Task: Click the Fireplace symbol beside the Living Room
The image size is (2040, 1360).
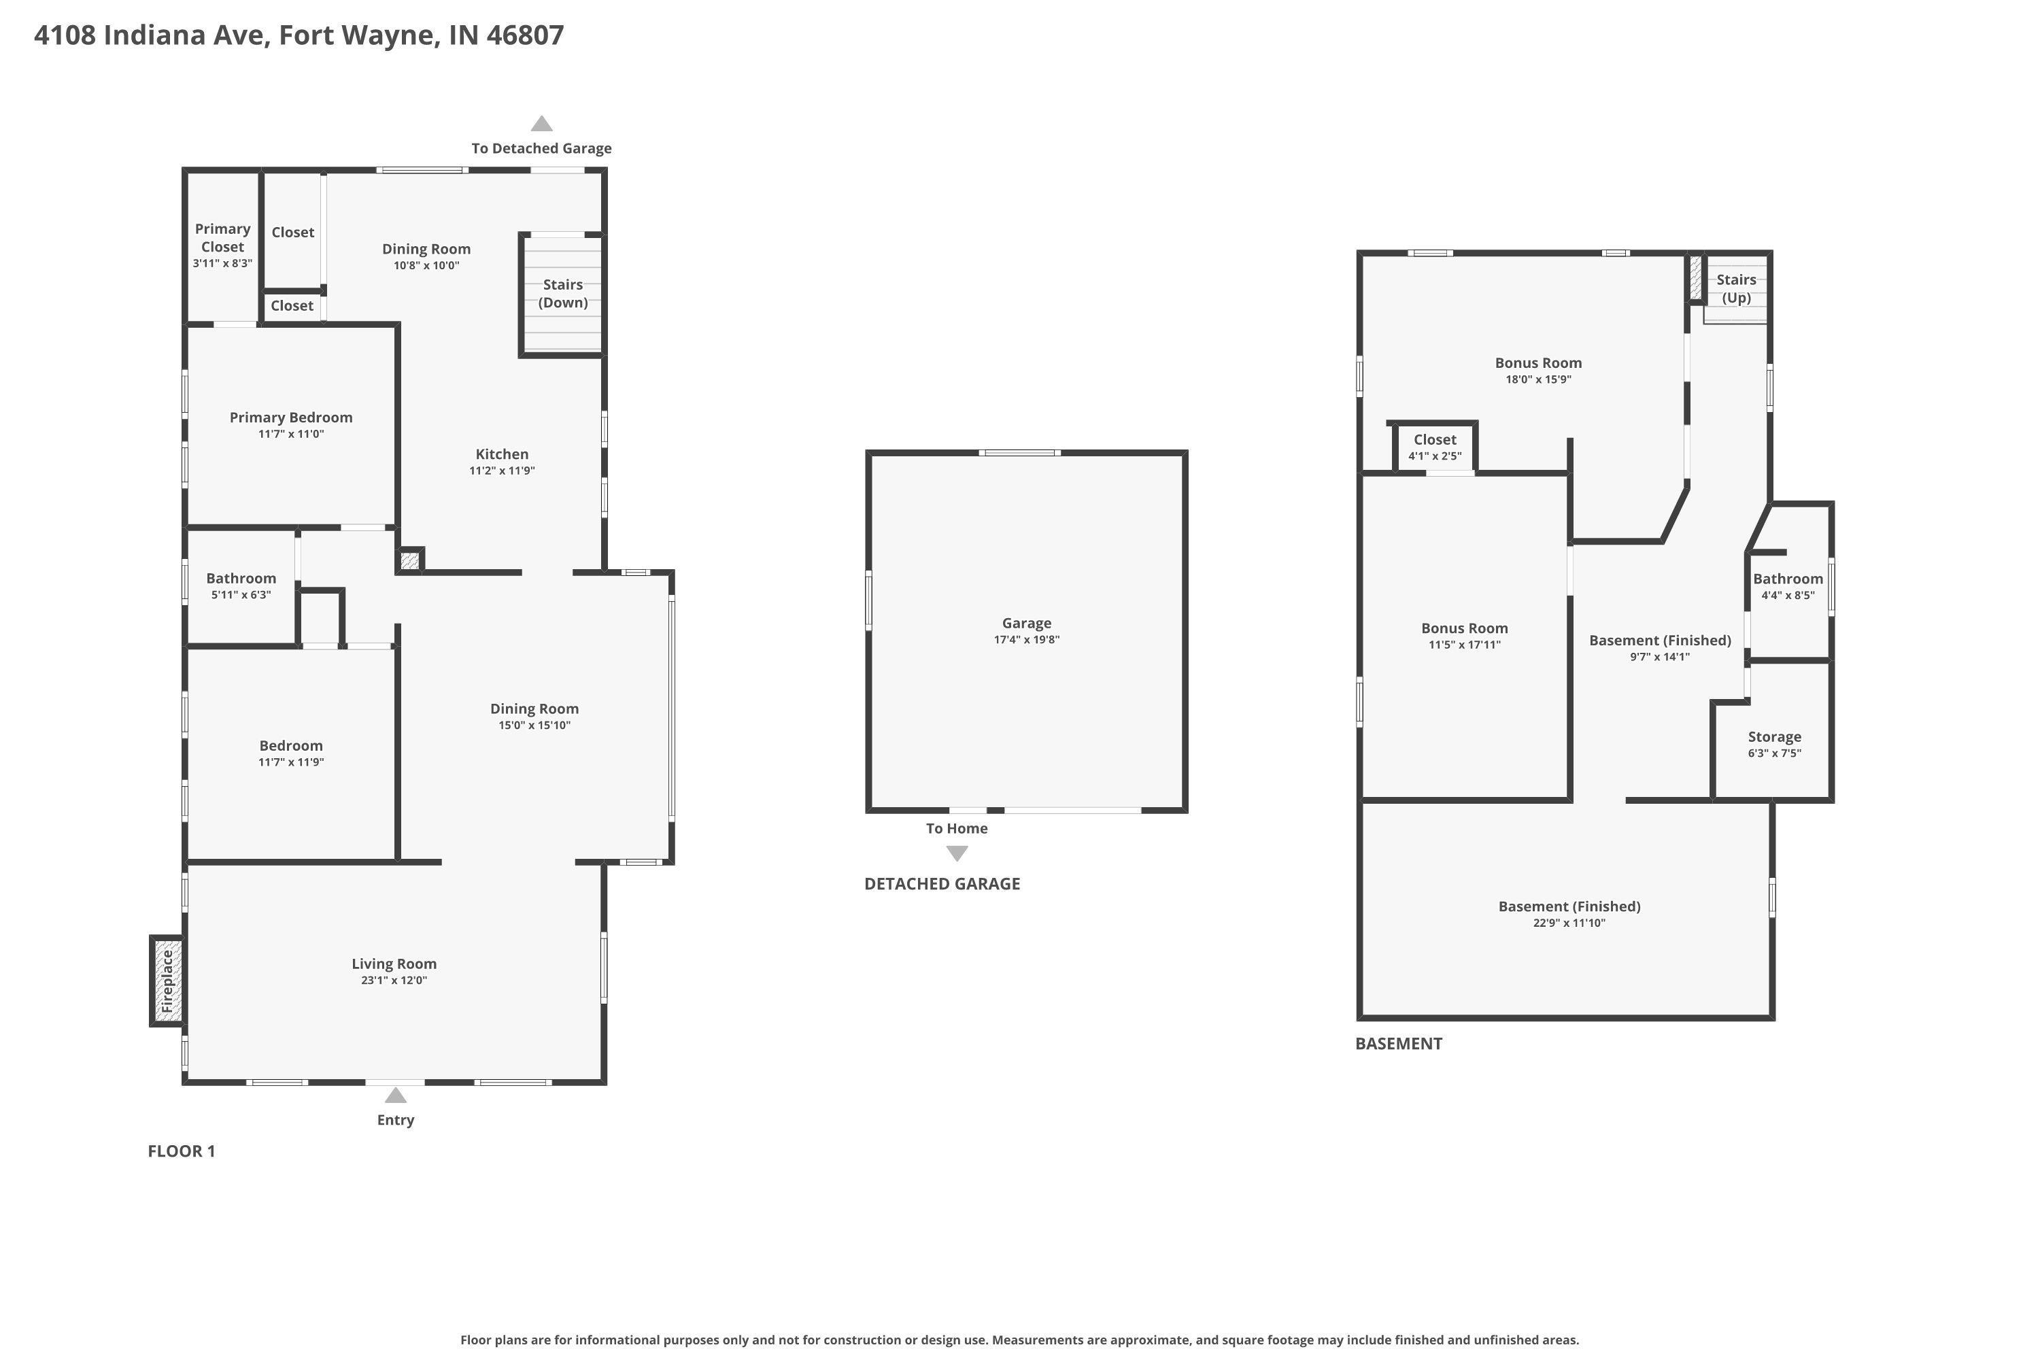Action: click(167, 981)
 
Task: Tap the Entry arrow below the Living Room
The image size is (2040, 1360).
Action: click(396, 1095)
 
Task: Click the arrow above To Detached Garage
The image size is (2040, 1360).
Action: click(542, 123)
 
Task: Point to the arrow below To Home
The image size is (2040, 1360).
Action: click(957, 853)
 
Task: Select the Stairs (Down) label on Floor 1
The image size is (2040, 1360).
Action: click(563, 293)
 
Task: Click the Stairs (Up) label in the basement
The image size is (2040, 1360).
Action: click(1737, 288)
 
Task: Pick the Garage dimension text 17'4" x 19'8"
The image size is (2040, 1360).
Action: click(1027, 639)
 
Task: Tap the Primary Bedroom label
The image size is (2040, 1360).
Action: click(290, 418)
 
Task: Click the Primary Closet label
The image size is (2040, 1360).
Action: click(223, 237)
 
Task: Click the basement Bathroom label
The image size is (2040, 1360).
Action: click(1788, 579)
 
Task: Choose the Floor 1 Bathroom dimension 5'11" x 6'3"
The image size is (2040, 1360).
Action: click(241, 594)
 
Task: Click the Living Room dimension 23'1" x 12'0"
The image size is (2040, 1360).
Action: click(394, 980)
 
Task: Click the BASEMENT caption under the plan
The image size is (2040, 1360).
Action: click(1399, 1043)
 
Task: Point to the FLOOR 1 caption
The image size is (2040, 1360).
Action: click(182, 1151)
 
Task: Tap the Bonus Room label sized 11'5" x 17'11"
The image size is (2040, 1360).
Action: click(1465, 636)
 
